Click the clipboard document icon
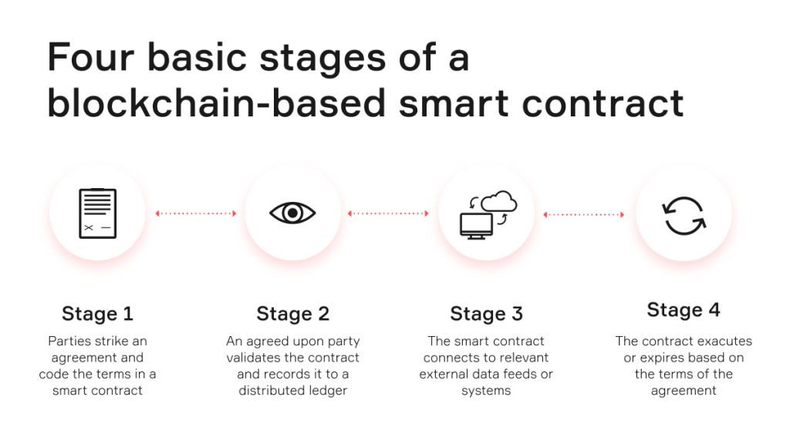98,213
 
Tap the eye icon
292,213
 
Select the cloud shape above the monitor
499,201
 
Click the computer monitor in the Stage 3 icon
476,226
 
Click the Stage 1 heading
98,314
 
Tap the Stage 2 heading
292,314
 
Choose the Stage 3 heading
486,314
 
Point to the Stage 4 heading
684,310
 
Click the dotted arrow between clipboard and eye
196,214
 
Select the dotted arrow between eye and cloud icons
388,214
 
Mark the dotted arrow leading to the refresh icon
583,214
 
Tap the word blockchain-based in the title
217,103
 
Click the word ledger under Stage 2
328,391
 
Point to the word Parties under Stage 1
69,341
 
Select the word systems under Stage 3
486,391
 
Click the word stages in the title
322,59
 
